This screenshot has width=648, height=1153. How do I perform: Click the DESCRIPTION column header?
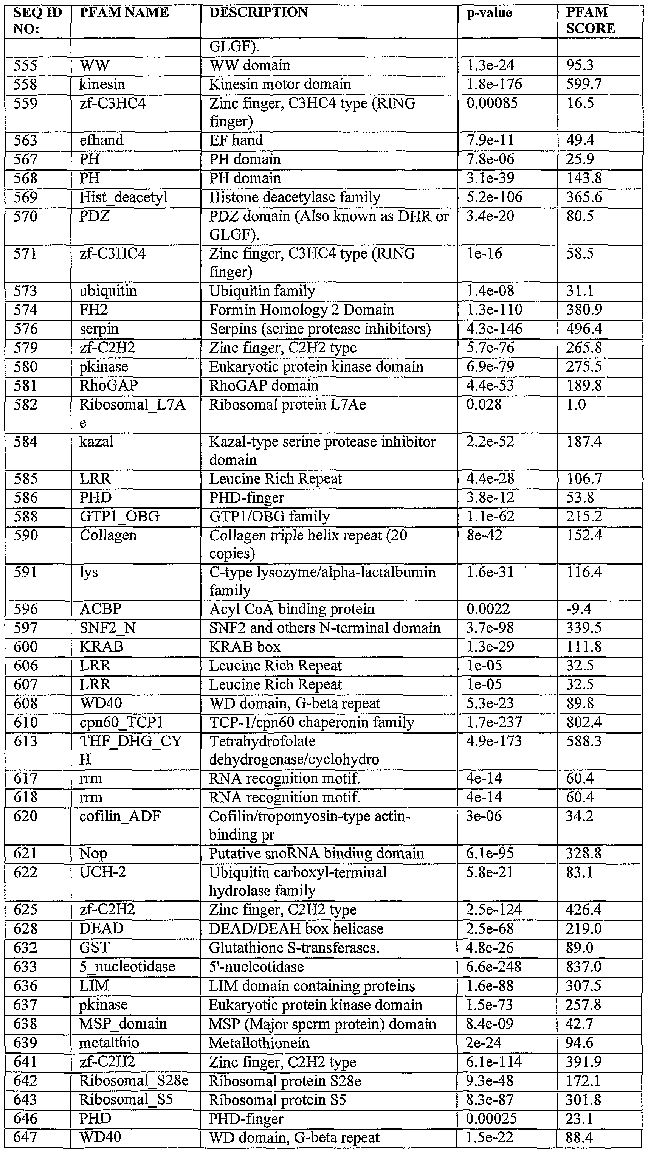[258, 12]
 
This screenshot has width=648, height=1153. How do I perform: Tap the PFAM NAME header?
[124, 12]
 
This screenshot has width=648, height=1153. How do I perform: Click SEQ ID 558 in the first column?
[25, 85]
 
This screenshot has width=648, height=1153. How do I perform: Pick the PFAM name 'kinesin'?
[102, 85]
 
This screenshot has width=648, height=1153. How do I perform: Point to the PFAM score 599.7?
[584, 85]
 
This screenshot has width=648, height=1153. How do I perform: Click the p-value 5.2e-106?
[494, 197]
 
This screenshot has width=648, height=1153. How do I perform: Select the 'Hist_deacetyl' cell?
[124, 197]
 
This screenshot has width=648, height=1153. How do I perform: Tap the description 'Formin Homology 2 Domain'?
[302, 310]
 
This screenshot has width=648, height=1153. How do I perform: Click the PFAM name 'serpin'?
[99, 329]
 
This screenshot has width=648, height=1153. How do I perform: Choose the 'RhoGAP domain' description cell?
[264, 385]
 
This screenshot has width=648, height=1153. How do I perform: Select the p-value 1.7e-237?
[494, 722]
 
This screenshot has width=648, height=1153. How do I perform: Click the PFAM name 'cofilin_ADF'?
[120, 816]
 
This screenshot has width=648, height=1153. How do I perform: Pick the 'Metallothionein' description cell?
[259, 1043]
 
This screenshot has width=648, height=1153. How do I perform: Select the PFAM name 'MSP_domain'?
[122, 1024]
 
